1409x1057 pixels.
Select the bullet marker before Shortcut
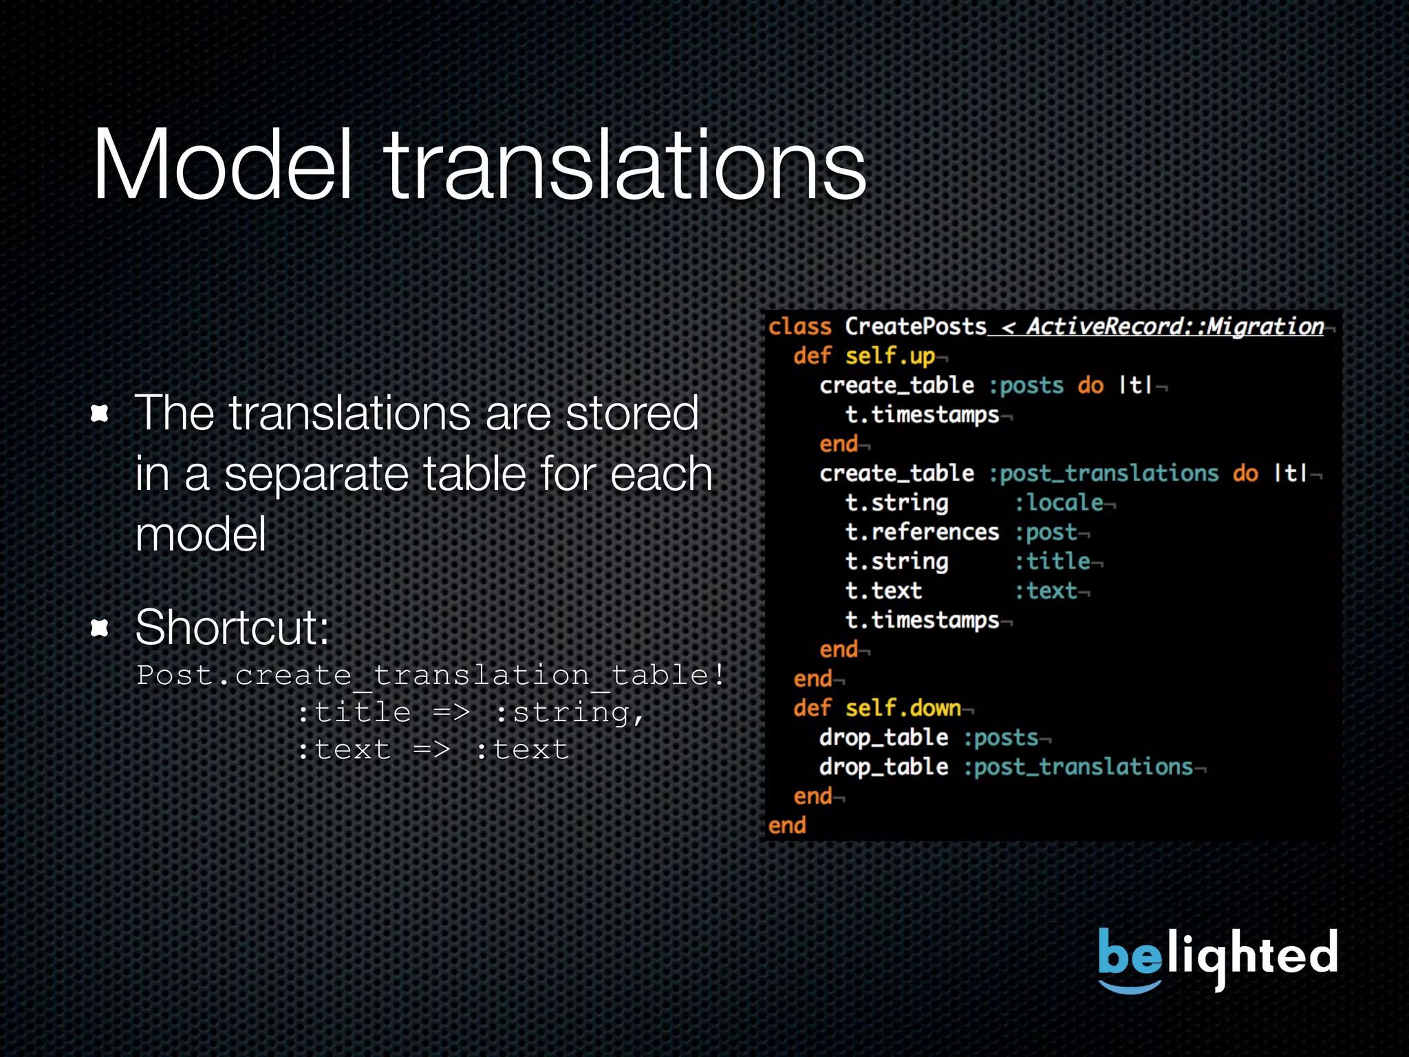coord(100,627)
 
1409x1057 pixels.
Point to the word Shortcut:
coord(233,627)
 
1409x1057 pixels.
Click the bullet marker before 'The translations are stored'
coord(100,413)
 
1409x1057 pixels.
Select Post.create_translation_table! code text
coord(431,674)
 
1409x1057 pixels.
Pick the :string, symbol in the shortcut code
coord(570,712)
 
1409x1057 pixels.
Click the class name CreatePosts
coord(915,326)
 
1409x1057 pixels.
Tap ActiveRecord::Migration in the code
coord(1175,326)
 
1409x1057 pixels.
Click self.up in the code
coord(890,356)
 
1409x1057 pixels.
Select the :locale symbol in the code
coord(1060,502)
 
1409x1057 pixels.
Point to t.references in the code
coord(922,532)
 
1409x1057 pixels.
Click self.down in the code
coord(903,708)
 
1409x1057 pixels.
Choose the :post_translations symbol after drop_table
coord(1078,767)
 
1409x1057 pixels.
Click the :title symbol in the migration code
coord(1053,562)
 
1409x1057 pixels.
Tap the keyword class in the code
coord(799,326)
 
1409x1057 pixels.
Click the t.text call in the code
coord(883,590)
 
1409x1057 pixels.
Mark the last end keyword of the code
coord(787,825)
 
